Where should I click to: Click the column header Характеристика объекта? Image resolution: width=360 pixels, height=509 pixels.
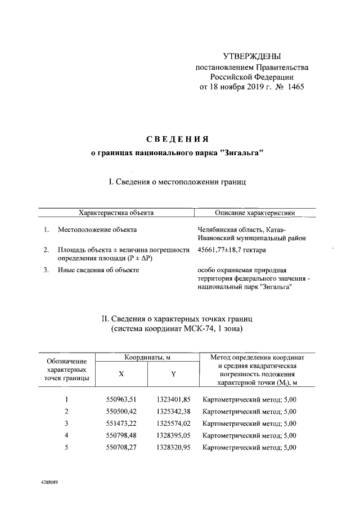(x=116, y=213)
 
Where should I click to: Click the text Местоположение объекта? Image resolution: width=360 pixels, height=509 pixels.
(x=97, y=229)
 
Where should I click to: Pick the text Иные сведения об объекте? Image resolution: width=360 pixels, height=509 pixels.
(x=98, y=270)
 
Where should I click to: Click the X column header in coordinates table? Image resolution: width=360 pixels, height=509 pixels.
(x=121, y=373)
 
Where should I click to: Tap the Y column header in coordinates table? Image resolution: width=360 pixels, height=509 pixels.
(x=174, y=373)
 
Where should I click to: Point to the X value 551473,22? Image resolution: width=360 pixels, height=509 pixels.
(x=121, y=423)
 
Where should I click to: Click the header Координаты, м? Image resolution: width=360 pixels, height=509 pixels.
(x=147, y=357)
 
